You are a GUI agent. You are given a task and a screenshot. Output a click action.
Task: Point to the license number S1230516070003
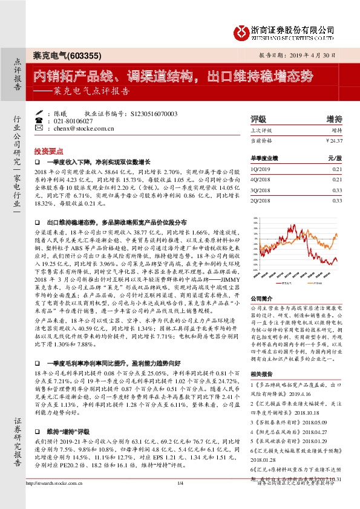pos(154,113)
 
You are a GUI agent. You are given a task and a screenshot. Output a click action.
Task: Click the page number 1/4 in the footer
pos(180,499)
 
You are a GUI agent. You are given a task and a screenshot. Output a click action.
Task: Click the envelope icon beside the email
pos(39,129)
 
